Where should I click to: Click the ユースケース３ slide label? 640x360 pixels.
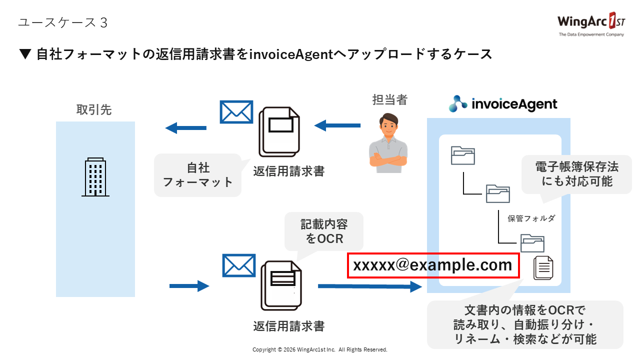tap(62, 23)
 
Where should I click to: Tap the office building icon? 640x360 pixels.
tap(95, 177)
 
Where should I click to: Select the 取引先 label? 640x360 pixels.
tap(94, 110)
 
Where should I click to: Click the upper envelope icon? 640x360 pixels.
tap(236, 112)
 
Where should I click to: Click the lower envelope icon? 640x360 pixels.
tap(238, 265)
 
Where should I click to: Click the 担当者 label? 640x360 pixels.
tap(390, 99)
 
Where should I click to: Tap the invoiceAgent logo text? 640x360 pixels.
tap(503, 103)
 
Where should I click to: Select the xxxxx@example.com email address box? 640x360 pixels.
tap(433, 265)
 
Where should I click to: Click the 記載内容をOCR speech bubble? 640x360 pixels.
tap(323, 230)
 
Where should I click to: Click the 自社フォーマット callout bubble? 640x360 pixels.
tap(198, 174)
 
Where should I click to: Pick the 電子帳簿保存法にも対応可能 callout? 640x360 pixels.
tap(576, 173)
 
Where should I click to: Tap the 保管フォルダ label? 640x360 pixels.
tap(531, 218)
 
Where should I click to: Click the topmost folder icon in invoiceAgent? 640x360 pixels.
tap(462, 155)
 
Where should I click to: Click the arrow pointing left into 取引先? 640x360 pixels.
tap(185, 128)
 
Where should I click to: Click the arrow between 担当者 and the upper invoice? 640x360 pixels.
tap(337, 125)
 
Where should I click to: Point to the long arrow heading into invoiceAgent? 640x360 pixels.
tap(370, 286)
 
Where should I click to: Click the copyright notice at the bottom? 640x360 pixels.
tap(320, 349)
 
